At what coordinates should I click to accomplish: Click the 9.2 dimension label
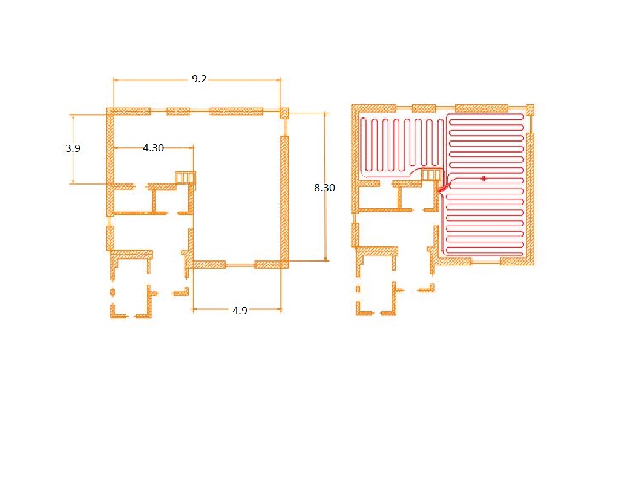click(199, 79)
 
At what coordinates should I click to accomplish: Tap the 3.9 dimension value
click(73, 148)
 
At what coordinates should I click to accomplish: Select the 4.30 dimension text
click(153, 148)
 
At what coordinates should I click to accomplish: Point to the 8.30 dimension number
click(324, 188)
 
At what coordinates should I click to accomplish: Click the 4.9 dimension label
click(240, 311)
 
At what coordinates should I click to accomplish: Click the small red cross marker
click(483, 178)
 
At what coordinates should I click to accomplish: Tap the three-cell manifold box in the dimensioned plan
click(185, 178)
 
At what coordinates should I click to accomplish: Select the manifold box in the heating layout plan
click(431, 174)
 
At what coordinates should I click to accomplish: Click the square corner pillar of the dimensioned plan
click(284, 113)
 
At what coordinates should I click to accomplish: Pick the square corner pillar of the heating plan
click(530, 110)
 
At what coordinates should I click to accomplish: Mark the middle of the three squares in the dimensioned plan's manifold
click(186, 178)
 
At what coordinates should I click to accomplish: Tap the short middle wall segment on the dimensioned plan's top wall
click(178, 111)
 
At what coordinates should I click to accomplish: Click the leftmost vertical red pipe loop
click(364, 145)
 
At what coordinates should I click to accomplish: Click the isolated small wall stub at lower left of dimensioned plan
click(113, 292)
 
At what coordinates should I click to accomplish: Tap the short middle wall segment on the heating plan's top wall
click(424, 108)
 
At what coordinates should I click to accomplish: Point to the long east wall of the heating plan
click(530, 199)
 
